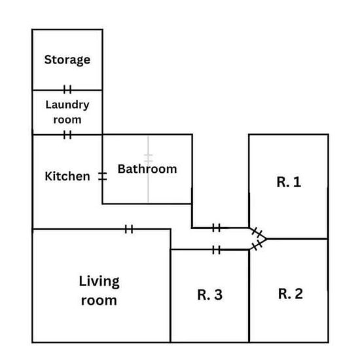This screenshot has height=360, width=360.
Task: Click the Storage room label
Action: pyautogui.click(x=67, y=60)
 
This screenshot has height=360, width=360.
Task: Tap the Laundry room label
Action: pyautogui.click(x=67, y=113)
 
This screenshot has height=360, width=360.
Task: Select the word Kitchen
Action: pyautogui.click(x=67, y=176)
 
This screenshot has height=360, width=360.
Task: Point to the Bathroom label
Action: pyautogui.click(x=147, y=169)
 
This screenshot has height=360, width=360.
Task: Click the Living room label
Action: pyautogui.click(x=99, y=291)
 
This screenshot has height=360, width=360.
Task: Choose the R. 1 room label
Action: pyautogui.click(x=289, y=182)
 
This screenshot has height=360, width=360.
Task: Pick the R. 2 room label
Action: pyautogui.click(x=291, y=294)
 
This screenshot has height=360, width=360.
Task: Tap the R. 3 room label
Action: pyautogui.click(x=210, y=295)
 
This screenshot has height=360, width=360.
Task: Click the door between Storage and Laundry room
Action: pyautogui.click(x=67, y=89)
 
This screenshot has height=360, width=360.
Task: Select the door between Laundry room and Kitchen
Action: pyautogui.click(x=67, y=135)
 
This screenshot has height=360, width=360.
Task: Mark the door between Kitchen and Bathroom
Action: pyautogui.click(x=102, y=176)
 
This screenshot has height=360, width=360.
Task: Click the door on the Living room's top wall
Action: pyautogui.click(x=129, y=229)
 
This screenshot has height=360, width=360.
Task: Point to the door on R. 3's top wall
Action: pyautogui.click(x=216, y=250)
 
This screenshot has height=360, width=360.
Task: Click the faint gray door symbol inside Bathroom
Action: pyautogui.click(x=149, y=157)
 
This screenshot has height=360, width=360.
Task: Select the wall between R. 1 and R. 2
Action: pyautogui.click(x=297, y=239)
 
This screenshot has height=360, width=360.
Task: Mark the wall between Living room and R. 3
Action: pyautogui.click(x=171, y=285)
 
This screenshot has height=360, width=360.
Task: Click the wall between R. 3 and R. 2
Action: pyautogui.click(x=249, y=296)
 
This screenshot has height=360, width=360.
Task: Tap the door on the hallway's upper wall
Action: pyautogui.click(x=216, y=228)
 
